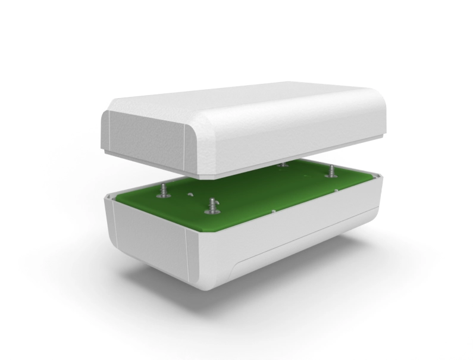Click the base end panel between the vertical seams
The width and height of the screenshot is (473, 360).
pos(152,238)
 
